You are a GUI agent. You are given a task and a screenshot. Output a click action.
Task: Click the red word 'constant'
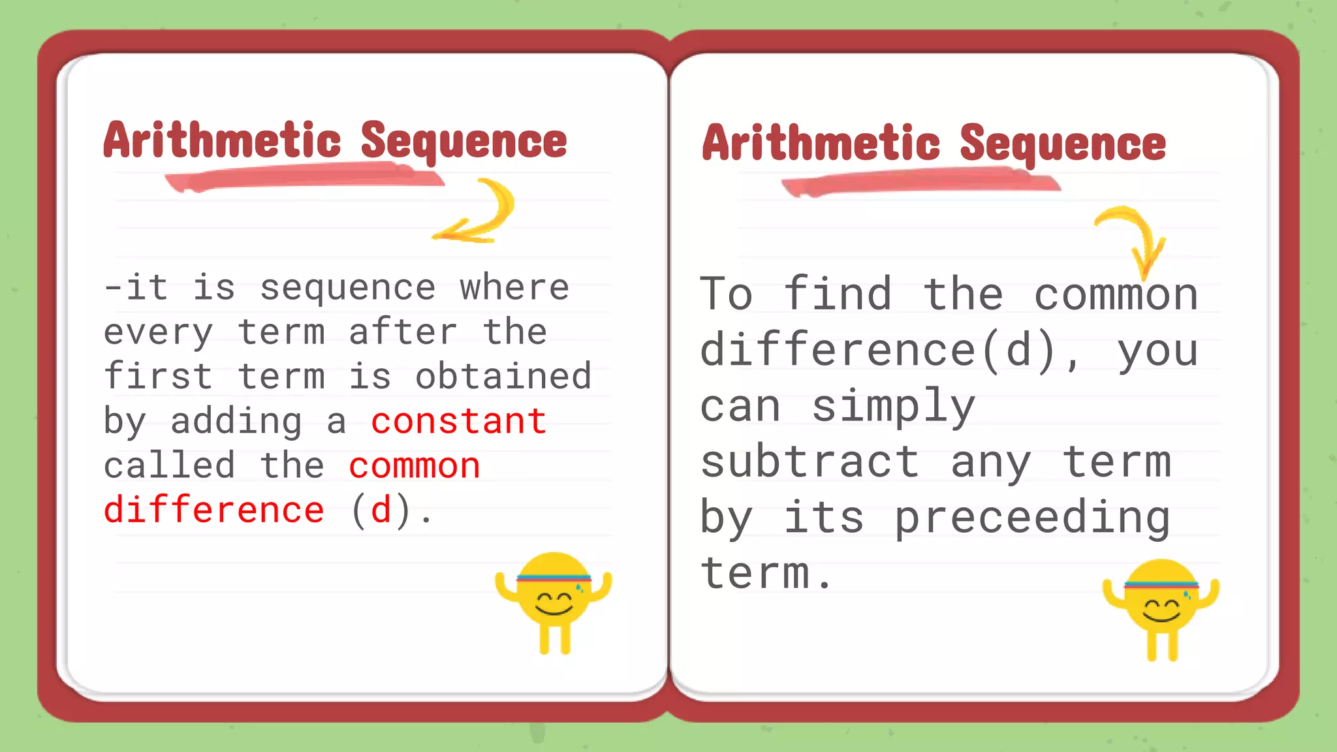[458, 422]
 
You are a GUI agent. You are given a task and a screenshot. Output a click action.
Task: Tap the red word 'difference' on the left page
[213, 510]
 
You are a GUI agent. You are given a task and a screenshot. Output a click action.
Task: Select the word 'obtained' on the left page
[503, 377]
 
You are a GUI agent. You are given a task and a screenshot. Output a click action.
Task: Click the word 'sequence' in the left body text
[347, 288]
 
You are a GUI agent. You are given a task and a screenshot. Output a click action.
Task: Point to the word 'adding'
[236, 422]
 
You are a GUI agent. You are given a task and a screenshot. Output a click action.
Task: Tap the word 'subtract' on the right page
[810, 462]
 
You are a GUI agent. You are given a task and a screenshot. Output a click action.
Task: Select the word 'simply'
[893, 407]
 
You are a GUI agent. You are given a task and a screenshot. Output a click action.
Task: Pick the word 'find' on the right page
[838, 294]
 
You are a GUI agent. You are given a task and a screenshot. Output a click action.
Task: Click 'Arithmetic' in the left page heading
[222, 140]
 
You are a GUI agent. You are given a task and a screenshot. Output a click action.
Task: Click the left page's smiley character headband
[554, 578]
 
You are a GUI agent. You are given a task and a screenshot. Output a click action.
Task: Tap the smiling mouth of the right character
[1161, 616]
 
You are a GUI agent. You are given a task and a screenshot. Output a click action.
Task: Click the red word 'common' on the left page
[415, 466]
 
